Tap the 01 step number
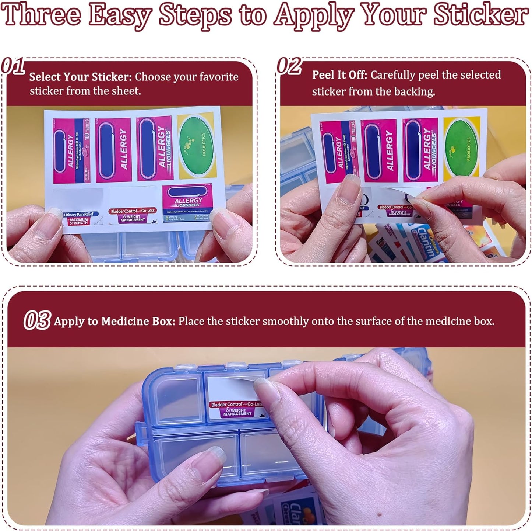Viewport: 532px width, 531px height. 13,66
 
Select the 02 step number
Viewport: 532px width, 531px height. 289,66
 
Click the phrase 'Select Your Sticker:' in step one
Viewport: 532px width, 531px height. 80,77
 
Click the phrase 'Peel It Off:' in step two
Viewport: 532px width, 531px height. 339,75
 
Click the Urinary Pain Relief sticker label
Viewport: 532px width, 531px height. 78,218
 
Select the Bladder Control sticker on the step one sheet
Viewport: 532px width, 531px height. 133,215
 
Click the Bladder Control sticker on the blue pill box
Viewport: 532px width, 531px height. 237,409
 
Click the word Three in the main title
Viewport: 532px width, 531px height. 41,15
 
